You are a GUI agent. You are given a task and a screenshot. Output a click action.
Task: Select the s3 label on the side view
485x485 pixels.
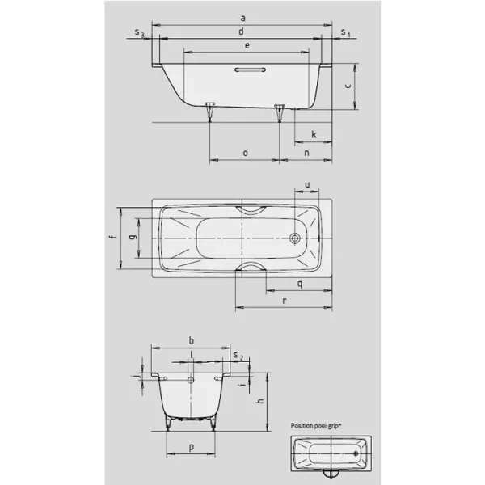[140, 33]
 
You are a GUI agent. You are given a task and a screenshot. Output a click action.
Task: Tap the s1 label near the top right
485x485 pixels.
[345, 33]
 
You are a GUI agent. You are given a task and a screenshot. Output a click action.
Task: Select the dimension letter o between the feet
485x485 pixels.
[245, 152]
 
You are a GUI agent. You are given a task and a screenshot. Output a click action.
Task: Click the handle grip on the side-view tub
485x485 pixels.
[247, 70]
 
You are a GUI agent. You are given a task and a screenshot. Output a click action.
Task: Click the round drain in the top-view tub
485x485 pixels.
[295, 238]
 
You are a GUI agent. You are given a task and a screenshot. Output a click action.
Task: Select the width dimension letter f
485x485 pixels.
[112, 238]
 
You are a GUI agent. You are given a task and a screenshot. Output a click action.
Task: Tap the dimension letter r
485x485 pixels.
[284, 300]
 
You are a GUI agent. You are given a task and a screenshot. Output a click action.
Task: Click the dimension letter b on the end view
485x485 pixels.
[191, 340]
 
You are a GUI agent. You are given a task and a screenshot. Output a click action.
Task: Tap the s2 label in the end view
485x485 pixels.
[236, 356]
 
